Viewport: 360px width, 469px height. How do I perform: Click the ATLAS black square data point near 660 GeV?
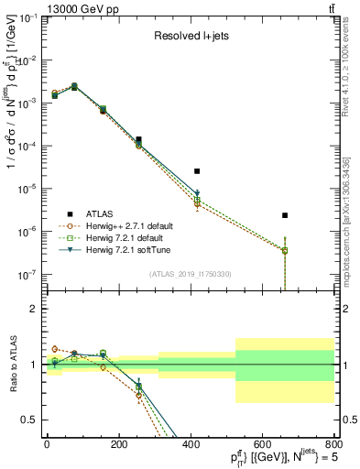pos(285,215)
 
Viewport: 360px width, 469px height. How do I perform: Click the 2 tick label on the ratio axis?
pos(34,309)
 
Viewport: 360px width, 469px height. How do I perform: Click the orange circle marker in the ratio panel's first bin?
pos(55,349)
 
